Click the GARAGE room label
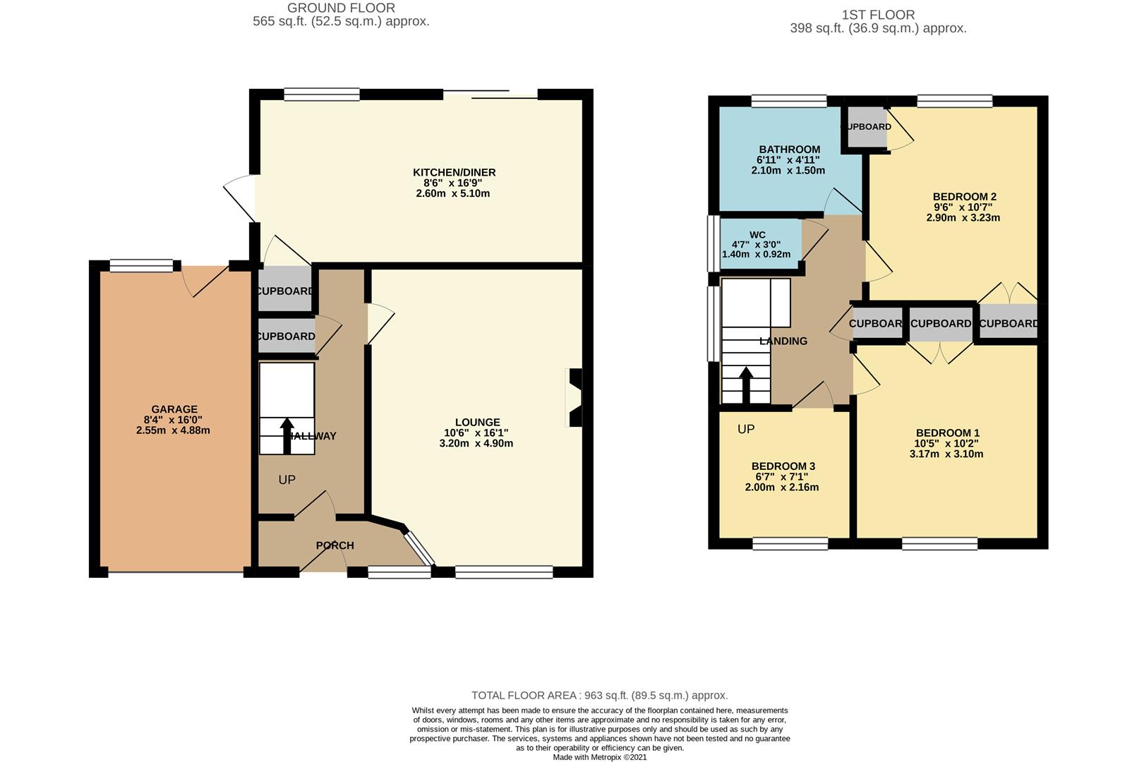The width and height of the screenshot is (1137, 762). click(x=174, y=409)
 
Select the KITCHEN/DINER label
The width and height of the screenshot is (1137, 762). click(x=454, y=172)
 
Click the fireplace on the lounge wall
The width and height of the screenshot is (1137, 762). click(x=574, y=398)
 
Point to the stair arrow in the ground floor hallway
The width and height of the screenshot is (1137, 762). click(x=287, y=436)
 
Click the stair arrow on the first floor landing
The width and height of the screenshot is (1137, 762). click(x=745, y=385)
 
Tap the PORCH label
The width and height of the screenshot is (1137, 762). click(x=335, y=545)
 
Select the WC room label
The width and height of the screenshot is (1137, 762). click(x=757, y=235)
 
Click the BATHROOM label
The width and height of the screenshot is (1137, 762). click(x=789, y=150)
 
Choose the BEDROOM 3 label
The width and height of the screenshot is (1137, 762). click(x=783, y=466)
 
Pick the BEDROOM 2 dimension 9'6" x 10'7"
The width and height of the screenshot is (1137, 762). click(x=963, y=207)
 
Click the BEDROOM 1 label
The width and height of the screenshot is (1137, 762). click(x=947, y=433)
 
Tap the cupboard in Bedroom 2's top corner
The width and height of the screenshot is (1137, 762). click(x=866, y=127)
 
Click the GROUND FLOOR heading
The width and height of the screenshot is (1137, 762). click(x=341, y=8)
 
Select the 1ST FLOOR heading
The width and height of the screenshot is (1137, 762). click(x=878, y=15)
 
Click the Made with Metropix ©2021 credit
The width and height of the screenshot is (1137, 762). click(x=599, y=757)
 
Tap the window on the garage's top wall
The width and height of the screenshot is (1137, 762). click(x=141, y=265)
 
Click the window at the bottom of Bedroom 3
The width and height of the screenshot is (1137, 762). click(x=790, y=543)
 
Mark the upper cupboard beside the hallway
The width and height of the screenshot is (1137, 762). click(x=284, y=291)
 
